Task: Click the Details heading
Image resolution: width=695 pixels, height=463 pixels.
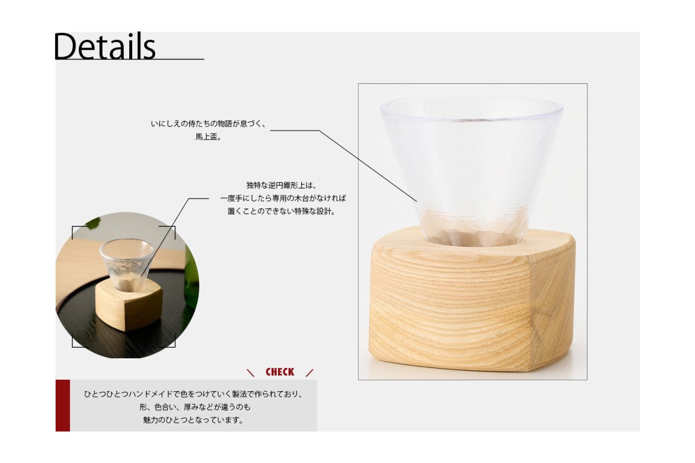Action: [105, 46]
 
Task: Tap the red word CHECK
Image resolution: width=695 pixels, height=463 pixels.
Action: [280, 372]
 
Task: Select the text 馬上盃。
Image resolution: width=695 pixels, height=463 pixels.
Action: [208, 137]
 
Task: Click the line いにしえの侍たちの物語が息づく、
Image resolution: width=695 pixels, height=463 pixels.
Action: [208, 124]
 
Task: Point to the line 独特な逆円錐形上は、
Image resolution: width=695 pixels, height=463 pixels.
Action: [281, 185]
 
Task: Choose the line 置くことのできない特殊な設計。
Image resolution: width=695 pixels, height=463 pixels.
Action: [281, 211]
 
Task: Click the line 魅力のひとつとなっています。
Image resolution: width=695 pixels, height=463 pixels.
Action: [193, 420]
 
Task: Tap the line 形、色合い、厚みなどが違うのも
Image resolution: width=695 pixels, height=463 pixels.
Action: [195, 407]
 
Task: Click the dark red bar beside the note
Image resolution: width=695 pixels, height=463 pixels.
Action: [63, 405]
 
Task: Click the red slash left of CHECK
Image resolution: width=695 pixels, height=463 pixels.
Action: [250, 373]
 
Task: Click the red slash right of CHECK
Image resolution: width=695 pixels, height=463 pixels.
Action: [309, 373]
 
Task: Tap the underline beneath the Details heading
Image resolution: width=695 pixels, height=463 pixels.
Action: [129, 59]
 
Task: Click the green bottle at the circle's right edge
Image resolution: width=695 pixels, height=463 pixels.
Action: [192, 279]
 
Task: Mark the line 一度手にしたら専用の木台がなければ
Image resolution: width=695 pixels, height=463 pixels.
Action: [283, 199]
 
